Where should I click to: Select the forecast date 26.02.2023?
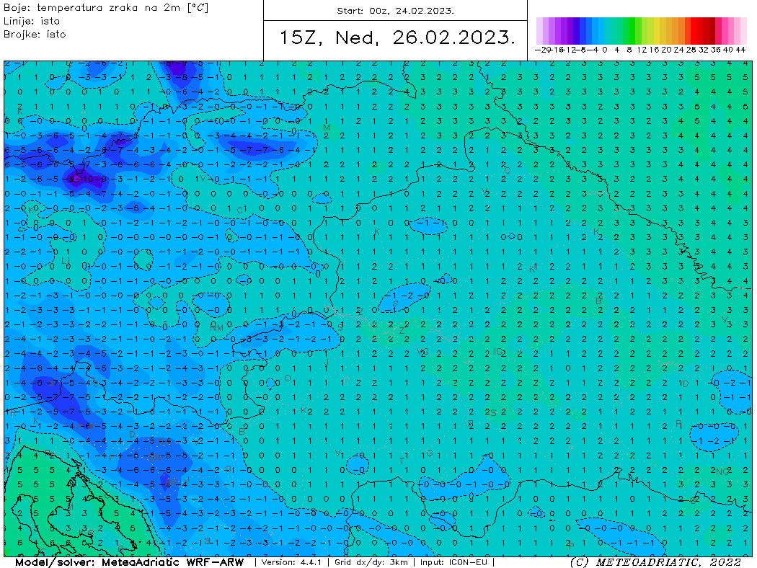[x=454, y=38]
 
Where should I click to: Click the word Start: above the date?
[x=351, y=11]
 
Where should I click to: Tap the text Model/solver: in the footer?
[x=54, y=562]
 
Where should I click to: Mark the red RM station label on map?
[x=216, y=327]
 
